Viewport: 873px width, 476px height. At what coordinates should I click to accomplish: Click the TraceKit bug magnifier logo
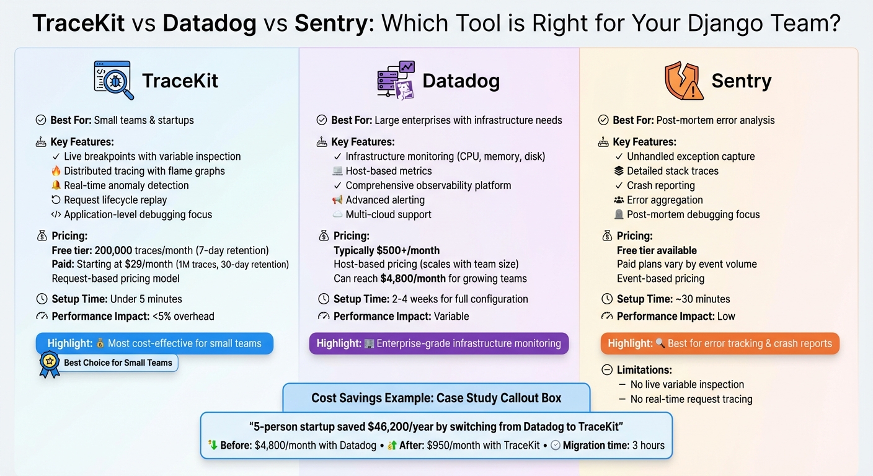coord(114,81)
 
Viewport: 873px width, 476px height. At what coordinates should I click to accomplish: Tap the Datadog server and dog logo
coord(396,81)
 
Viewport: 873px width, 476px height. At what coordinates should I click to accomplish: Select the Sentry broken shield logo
coord(684,81)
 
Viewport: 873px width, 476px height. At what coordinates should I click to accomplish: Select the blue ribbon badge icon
coord(49,364)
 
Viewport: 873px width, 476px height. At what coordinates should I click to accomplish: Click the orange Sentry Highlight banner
coord(720,343)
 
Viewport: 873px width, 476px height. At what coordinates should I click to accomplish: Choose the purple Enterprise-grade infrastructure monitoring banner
coord(438,343)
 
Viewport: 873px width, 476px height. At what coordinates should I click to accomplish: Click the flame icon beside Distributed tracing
coord(56,171)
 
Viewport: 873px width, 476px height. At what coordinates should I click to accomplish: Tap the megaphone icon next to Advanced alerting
coord(337,200)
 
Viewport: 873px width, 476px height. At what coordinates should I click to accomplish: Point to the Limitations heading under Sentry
coord(644,370)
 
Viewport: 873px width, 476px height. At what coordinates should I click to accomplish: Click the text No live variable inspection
coord(686,384)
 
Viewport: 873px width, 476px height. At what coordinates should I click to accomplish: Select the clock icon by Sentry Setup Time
coord(607,299)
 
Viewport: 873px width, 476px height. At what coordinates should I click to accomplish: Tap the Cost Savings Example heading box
coord(436,398)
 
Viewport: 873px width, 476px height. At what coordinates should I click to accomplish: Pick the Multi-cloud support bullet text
coord(388,214)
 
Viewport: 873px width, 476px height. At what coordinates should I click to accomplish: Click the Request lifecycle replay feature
coord(115,200)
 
